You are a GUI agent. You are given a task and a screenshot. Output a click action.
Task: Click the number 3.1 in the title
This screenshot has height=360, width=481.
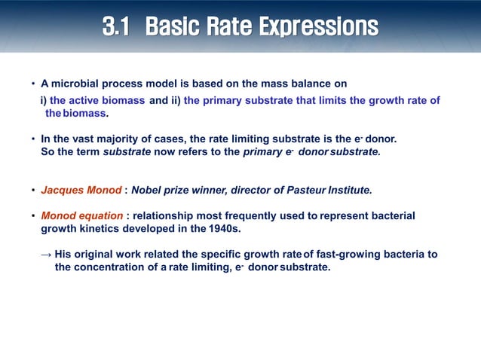(x=118, y=27)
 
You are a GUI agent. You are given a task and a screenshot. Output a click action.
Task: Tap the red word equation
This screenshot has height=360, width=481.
(x=105, y=215)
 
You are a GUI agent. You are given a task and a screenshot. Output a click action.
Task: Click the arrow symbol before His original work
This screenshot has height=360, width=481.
(x=46, y=255)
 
